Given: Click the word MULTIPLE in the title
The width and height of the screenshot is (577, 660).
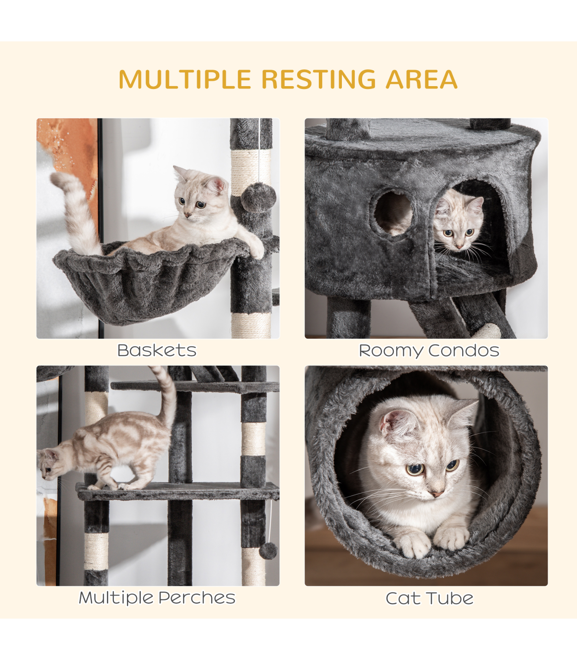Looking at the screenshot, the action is coord(185,79).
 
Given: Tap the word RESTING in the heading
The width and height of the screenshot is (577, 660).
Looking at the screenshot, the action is coord(318,79).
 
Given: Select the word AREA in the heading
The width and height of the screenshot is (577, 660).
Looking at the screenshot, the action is coord(422,79).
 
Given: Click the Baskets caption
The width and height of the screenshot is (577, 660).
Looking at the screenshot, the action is coord(157,350).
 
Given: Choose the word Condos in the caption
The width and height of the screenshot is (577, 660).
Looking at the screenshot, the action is coord(464,350).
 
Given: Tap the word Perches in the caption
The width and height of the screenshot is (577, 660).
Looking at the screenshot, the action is coord(197,598).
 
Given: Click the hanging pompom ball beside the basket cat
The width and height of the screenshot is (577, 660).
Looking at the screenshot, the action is coord(259,197).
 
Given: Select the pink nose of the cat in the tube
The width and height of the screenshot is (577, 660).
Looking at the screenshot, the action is coord(437,494).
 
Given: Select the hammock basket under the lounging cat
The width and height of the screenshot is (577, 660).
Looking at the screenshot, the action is coord(150,282).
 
